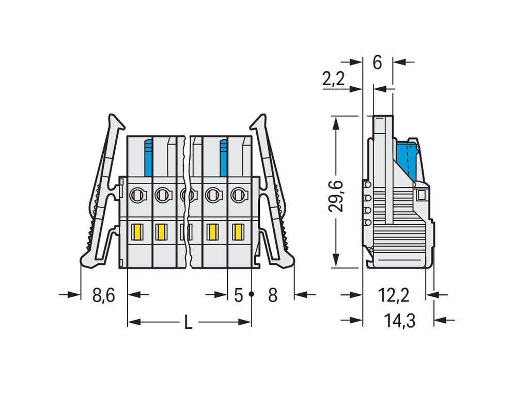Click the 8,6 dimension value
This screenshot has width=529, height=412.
pyautogui.click(x=103, y=295)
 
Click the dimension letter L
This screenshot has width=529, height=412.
pyautogui.click(x=189, y=323)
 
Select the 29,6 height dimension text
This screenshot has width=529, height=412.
pyautogui.click(x=337, y=196)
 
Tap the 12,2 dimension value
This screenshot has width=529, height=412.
pyautogui.click(x=394, y=295)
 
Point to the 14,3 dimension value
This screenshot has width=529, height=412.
pyautogui.click(x=399, y=321)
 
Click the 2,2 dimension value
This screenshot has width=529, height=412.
pyautogui.click(x=333, y=79)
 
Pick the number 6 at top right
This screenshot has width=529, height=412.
pyautogui.click(x=377, y=62)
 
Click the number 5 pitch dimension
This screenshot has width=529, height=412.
pyautogui.click(x=238, y=295)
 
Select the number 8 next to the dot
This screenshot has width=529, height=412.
pyautogui.click(x=273, y=295)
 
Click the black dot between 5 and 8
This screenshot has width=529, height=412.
pyautogui.click(x=252, y=294)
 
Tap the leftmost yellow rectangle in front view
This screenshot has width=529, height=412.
pyautogui.click(x=138, y=232)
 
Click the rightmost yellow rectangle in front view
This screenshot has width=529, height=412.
pyautogui.click(x=238, y=232)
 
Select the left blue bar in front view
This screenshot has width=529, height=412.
pyautogui.click(x=148, y=157)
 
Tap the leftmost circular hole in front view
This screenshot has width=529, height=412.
pyautogui.click(x=137, y=195)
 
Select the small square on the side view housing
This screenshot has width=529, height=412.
pyautogui.click(x=421, y=195)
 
